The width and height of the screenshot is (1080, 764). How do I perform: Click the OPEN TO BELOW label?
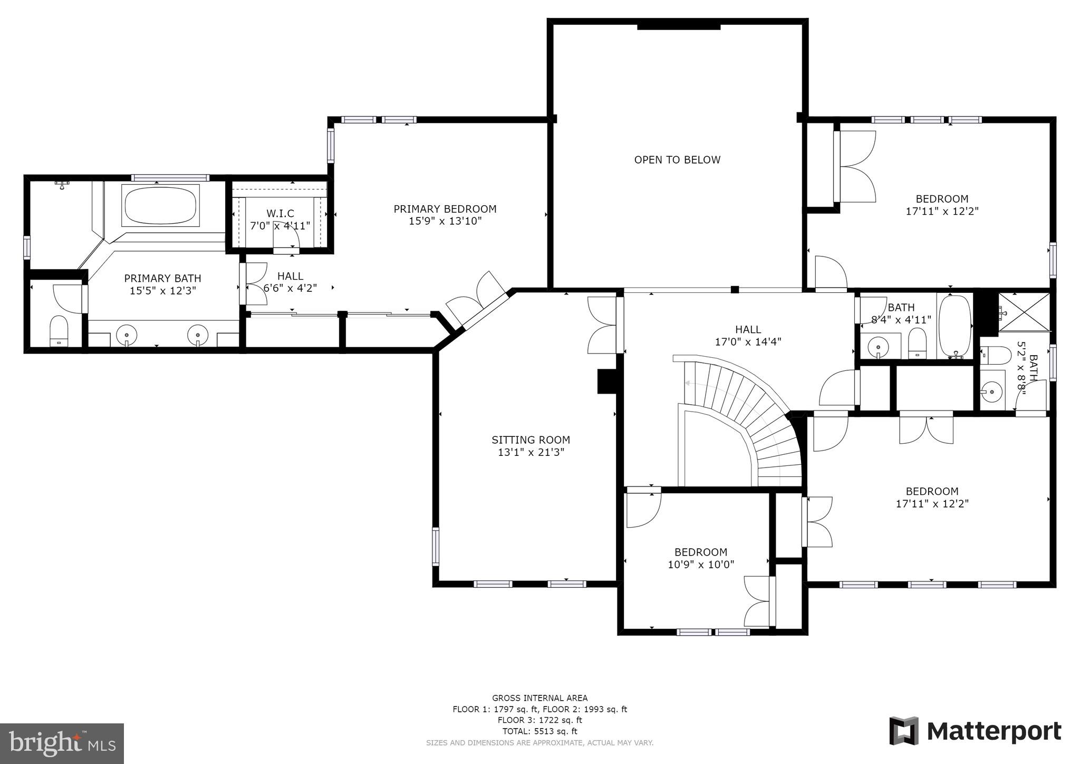point(677,160)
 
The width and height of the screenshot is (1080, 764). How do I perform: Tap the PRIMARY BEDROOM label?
point(445,209)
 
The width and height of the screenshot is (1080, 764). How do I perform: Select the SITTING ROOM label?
point(531,440)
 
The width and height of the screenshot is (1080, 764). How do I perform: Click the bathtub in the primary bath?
point(161,205)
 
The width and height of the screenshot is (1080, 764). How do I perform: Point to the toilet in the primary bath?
point(59,330)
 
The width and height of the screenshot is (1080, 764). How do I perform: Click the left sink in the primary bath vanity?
point(127,334)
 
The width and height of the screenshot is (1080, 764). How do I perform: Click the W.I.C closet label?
point(280,214)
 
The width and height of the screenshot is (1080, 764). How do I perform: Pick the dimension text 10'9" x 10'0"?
point(701,565)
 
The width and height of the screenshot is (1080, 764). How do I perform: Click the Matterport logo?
point(975,731)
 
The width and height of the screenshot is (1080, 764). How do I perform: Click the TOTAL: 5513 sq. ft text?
point(539,731)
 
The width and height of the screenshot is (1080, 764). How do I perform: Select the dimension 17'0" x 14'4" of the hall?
point(748,342)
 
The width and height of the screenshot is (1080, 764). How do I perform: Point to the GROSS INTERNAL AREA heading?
point(539,698)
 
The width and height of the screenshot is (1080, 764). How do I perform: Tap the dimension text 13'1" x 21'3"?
point(531,452)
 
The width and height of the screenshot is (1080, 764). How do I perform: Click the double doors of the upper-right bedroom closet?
point(857,166)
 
